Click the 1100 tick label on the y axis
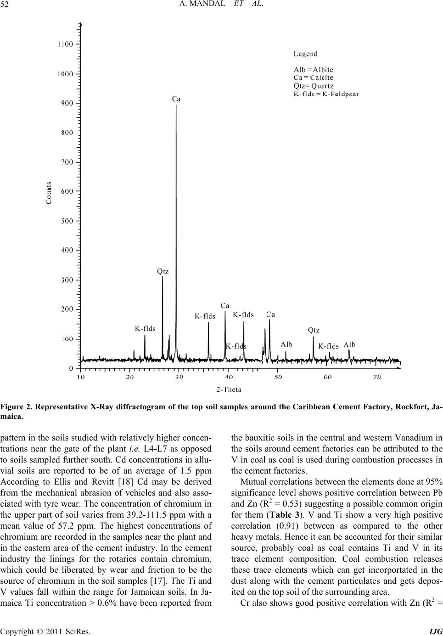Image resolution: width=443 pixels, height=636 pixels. (65, 44)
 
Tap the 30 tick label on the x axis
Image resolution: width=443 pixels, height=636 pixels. (179, 377)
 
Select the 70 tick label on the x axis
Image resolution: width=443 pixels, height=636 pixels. (376, 377)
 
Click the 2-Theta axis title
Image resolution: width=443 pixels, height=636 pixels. (229, 390)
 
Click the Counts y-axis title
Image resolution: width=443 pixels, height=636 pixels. (49, 199)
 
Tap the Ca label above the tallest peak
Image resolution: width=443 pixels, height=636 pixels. (176, 99)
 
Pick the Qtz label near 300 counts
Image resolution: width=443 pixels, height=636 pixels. (163, 271)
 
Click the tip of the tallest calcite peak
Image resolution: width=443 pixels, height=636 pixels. (177, 105)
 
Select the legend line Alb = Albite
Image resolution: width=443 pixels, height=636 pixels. (314, 70)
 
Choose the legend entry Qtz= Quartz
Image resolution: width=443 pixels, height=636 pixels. (314, 86)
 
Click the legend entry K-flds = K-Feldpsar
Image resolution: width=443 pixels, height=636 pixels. (326, 94)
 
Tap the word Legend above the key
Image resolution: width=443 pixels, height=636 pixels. (306, 54)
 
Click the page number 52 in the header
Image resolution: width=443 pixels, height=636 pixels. (6, 5)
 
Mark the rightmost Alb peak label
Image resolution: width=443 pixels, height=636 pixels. (350, 345)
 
